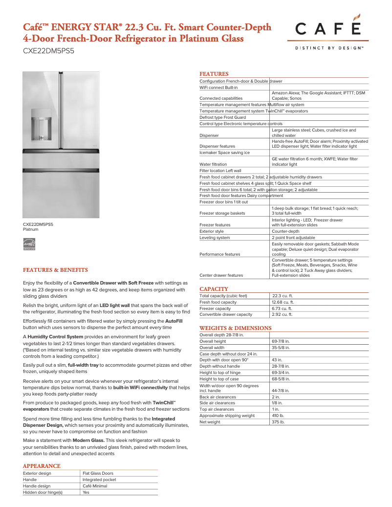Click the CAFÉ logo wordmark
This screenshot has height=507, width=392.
328,30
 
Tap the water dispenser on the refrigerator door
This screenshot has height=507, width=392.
42,124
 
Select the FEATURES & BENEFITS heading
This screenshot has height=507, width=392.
55,270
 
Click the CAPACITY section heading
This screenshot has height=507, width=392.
214,289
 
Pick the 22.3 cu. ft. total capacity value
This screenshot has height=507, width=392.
282,296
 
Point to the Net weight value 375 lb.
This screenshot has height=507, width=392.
278,422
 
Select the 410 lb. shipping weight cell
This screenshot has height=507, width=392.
278,416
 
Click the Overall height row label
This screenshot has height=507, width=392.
213,341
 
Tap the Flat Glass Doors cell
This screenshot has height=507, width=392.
98,473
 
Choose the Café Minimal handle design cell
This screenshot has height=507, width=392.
94,486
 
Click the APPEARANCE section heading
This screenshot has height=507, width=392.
42,466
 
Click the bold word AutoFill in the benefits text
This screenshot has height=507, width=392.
174,321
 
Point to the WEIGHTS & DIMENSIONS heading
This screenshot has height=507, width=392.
235,328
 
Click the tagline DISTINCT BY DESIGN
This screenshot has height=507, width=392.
328,48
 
